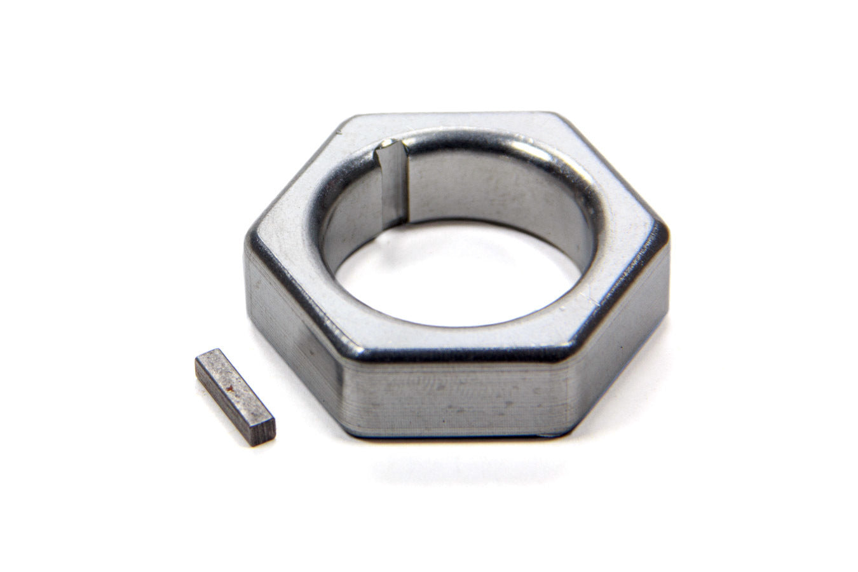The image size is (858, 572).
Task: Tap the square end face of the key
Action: click(262, 431)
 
